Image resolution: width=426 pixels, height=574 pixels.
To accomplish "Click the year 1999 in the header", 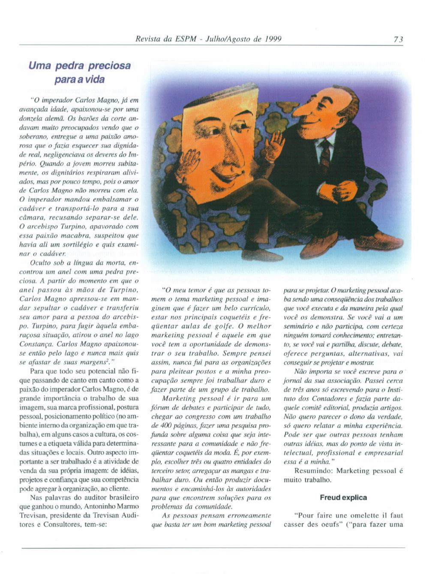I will pos(273,39).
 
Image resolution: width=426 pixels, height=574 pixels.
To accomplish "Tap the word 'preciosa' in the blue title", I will pos(109,66).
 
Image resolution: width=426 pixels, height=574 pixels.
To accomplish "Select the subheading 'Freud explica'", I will pos(343,497).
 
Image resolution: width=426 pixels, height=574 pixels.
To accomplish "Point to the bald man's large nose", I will pos(302,110).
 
